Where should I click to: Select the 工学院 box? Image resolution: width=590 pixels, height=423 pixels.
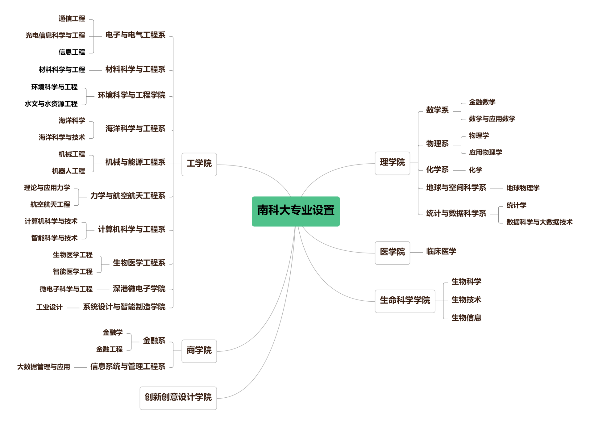tap(199, 164)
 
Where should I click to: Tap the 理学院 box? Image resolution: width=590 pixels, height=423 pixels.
tap(392, 163)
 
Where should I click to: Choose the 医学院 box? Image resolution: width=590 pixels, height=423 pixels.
tap(392, 253)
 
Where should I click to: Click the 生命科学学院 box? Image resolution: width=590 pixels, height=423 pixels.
tap(405, 301)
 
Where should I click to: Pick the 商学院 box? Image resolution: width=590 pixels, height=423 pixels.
tap(199, 351)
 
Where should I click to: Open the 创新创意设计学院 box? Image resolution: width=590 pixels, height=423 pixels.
tap(178, 398)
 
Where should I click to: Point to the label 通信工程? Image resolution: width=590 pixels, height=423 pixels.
tap(72, 19)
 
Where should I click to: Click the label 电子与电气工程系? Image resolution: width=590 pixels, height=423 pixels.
tap(135, 35)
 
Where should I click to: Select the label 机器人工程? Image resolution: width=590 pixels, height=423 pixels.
tap(69, 171)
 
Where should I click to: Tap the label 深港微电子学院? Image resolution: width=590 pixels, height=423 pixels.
tap(139, 289)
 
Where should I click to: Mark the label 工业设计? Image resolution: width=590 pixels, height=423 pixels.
tap(49, 307)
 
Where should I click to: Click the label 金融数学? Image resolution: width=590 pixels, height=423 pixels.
tap(482, 102)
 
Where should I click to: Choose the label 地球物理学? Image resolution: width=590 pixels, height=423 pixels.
tap(523, 188)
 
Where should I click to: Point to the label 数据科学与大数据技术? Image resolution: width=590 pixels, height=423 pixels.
tap(539, 222)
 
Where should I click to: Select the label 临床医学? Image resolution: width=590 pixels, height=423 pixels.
tap(441, 252)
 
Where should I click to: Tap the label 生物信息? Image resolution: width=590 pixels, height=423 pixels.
tap(466, 318)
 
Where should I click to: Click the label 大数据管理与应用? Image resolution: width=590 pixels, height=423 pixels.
tap(44, 367)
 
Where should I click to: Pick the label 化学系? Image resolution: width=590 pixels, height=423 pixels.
tap(437, 170)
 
